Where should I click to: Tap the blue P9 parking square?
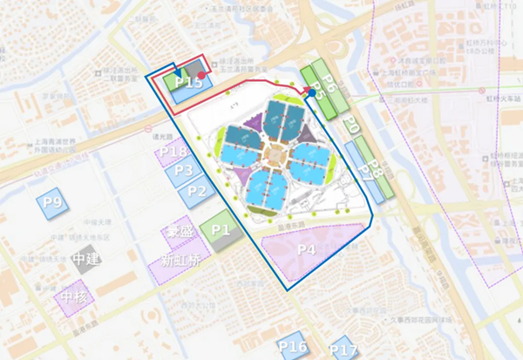coord(53,203)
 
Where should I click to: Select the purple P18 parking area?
coord(173,153)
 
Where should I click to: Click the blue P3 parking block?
coord(183,171)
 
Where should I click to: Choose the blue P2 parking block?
coord(197,190)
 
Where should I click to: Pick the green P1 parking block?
coord(219,230)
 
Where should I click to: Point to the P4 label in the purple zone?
coord(306,249)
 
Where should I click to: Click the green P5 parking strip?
coord(316,91)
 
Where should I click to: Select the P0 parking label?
coord(350,126)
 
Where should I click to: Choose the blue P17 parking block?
coord(343,350)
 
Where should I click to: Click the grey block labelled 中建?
coord(85,260)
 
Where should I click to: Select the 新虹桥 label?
coord(180,260)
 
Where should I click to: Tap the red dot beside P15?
coord(201,76)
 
